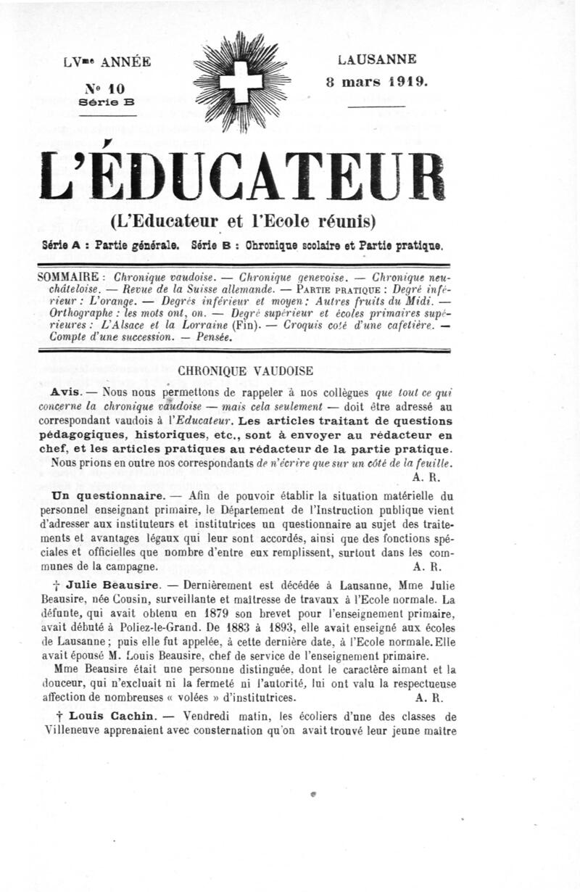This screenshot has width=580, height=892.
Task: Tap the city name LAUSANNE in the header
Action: [377, 60]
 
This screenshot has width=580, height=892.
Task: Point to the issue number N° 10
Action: [106, 88]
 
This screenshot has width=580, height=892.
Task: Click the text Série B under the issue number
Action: [106, 103]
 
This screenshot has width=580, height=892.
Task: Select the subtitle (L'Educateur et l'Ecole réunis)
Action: [243, 220]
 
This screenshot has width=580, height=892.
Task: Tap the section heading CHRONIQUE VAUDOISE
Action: [245, 370]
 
